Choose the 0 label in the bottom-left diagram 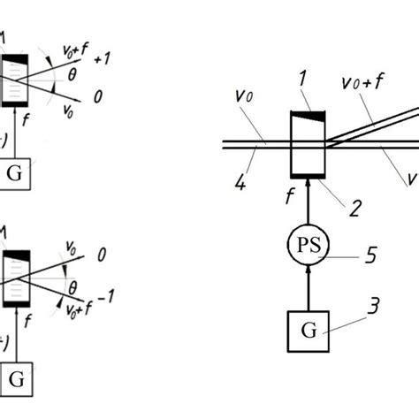[x=100, y=253]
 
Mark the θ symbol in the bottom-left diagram [x=75, y=286]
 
